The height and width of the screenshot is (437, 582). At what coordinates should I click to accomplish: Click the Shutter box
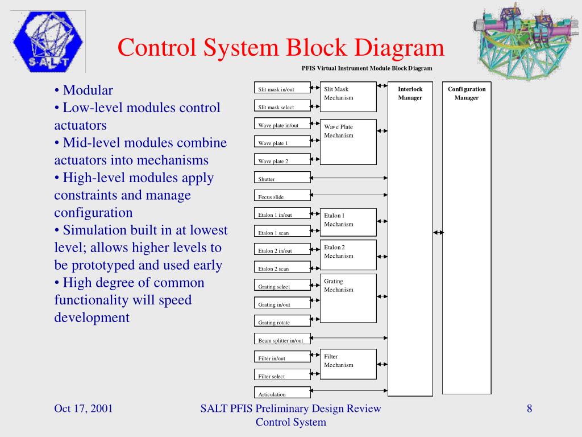point(282,178)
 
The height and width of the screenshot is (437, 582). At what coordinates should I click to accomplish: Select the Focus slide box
point(282,196)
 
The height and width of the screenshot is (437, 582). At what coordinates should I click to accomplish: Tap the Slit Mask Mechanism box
point(350,97)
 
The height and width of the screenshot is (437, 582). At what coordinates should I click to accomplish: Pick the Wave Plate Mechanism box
point(350,142)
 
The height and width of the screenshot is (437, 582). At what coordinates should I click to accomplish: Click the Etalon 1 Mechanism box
point(350,222)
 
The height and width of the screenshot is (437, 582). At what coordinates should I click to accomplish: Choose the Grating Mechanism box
point(350,298)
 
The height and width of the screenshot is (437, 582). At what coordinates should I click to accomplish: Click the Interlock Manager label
point(410,93)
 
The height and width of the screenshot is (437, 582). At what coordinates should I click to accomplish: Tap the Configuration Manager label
point(467,93)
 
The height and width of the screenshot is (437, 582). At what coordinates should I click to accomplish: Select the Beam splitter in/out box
point(282,340)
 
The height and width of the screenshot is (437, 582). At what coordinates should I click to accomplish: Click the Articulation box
point(282,393)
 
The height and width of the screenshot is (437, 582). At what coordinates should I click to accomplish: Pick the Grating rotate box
point(282,321)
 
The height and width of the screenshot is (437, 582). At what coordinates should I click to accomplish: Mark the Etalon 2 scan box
point(282,268)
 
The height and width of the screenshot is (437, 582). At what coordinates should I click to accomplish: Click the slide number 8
point(529,409)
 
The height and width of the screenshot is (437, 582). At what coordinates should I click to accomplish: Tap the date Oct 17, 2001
point(83,409)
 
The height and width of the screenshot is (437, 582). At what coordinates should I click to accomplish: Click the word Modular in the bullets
point(88,90)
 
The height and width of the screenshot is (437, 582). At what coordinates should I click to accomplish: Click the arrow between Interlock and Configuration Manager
point(438,232)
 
